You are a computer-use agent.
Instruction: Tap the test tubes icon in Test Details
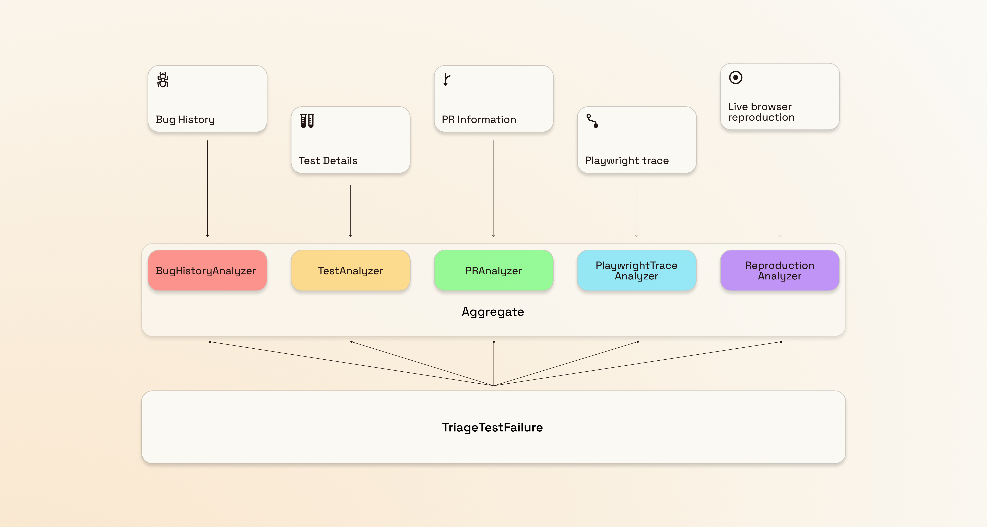[x=307, y=121]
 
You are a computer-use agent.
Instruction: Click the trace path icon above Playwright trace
[x=592, y=121]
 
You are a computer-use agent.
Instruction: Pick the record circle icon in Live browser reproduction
[x=735, y=78]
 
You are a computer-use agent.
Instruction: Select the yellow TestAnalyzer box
[x=350, y=270]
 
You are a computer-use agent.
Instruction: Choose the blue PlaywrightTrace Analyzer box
[x=636, y=270]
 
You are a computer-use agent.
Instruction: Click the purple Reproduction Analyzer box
[x=779, y=270]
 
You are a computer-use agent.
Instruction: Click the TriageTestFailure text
[x=492, y=427]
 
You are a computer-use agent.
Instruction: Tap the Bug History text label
[x=185, y=120]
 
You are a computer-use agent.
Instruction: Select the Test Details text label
[x=328, y=161]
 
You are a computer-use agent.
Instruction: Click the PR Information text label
[x=479, y=120]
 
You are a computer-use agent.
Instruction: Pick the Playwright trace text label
[x=627, y=161]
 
